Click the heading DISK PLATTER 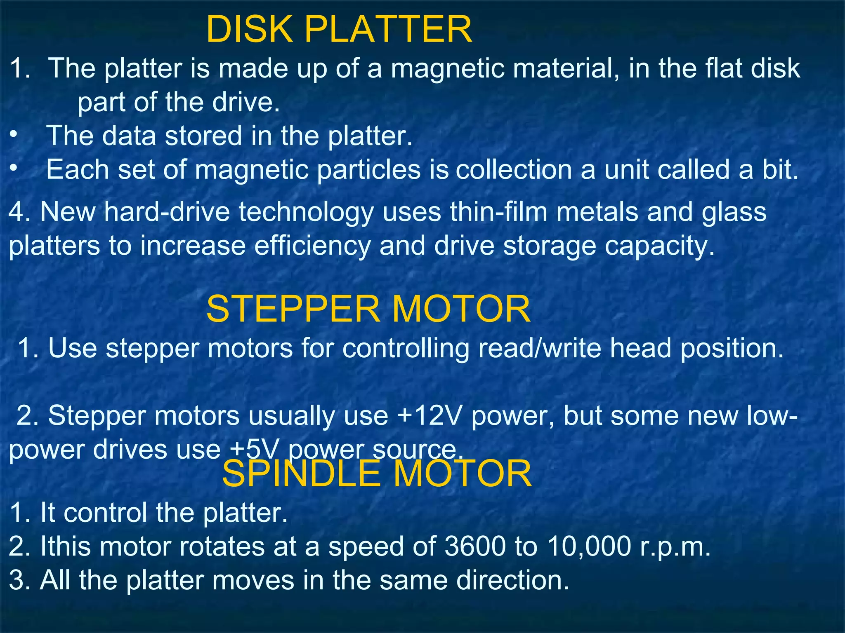point(339,29)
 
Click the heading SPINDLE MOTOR point(376,474)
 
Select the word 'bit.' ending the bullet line point(780,169)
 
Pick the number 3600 point(475,546)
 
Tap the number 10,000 point(589,546)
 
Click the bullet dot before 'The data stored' point(14,134)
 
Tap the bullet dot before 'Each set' point(14,168)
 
